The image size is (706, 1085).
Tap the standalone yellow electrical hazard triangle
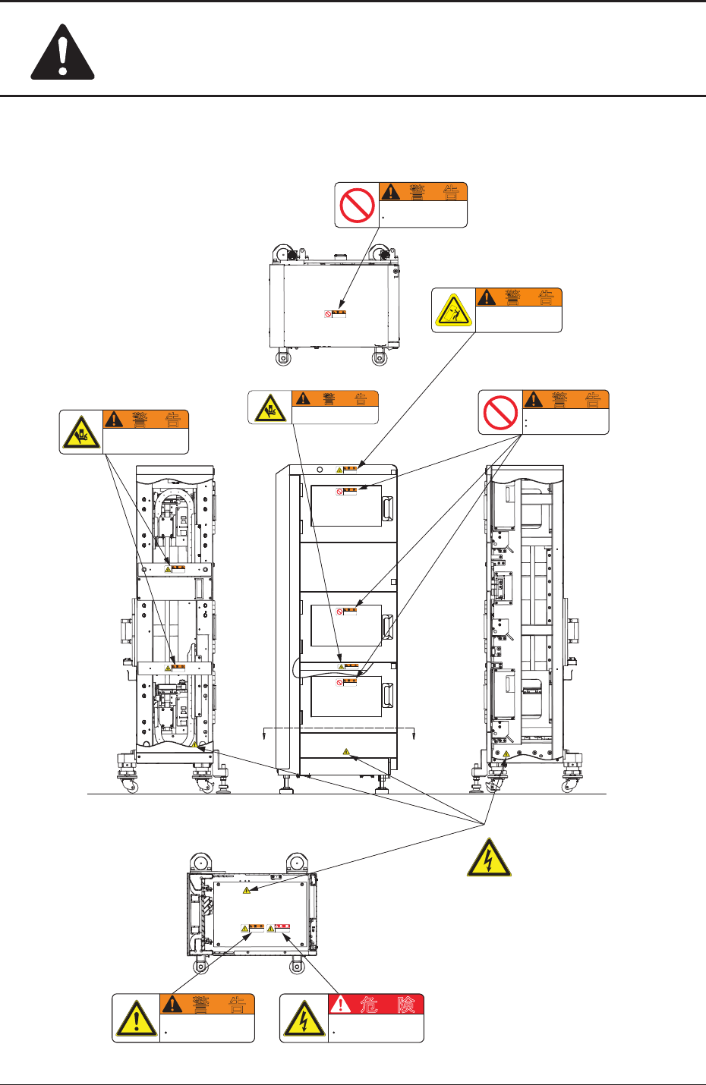(x=488, y=859)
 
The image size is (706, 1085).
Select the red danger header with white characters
(x=377, y=1005)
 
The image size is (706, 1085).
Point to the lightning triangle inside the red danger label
(x=304, y=1019)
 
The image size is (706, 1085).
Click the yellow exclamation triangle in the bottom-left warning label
(x=136, y=1019)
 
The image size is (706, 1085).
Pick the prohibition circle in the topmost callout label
(x=357, y=205)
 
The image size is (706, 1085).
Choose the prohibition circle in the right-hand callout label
(x=500, y=412)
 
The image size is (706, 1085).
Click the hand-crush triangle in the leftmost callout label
(x=80, y=432)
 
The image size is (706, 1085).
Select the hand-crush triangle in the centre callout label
(x=269, y=407)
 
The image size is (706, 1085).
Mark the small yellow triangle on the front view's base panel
(x=346, y=752)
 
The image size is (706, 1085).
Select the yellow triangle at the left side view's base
(x=194, y=745)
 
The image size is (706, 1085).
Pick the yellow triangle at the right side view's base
(x=506, y=753)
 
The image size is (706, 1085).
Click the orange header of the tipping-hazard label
(x=518, y=297)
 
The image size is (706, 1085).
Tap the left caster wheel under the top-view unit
(x=283, y=357)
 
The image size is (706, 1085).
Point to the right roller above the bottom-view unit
(x=296, y=863)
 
